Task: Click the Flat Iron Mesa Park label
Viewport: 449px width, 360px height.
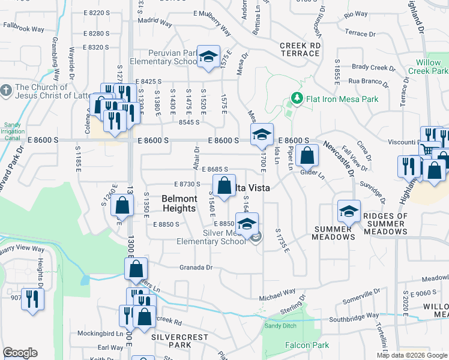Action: pyautogui.click(x=341, y=98)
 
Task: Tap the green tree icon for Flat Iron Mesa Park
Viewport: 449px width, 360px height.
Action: pyautogui.click(x=295, y=98)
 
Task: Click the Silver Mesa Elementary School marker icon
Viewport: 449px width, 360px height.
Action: pyautogui.click(x=246, y=224)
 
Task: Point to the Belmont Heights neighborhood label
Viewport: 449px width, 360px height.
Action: pyautogui.click(x=179, y=203)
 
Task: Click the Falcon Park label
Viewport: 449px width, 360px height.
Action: pyautogui.click(x=307, y=345)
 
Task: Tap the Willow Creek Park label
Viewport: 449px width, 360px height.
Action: pyautogui.click(x=432, y=67)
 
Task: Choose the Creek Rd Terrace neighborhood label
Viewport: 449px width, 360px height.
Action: pyautogui.click(x=300, y=49)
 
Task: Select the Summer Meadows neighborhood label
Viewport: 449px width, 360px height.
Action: pyautogui.click(x=333, y=233)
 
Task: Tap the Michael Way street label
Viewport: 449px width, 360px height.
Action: pyautogui.click(x=277, y=295)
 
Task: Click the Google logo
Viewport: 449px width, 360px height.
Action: pyautogui.click(x=20, y=353)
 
